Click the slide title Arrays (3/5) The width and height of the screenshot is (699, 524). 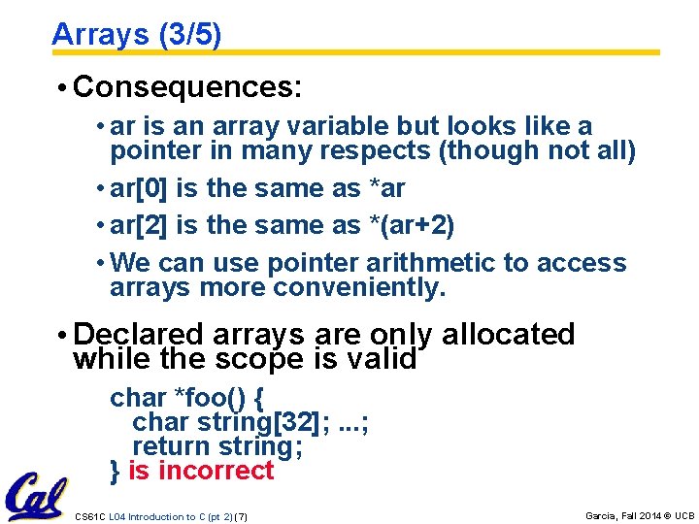tap(136, 35)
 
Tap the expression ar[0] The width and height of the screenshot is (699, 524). tap(141, 188)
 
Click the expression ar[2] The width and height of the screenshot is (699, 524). tap(141, 226)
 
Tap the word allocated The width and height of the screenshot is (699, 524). tap(508, 335)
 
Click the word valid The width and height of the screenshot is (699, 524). tap(382, 359)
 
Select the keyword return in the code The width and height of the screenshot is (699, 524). tap(172, 446)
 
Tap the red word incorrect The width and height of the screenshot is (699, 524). tap(216, 471)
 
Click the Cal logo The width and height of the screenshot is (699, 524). tap(36, 496)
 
